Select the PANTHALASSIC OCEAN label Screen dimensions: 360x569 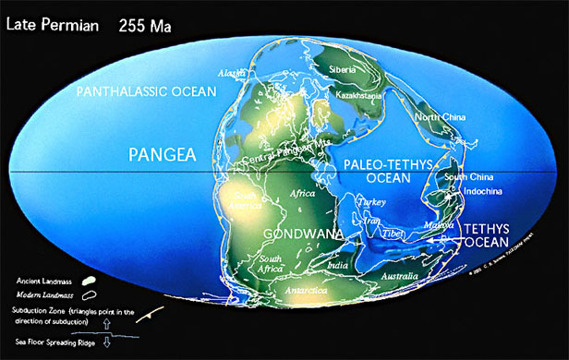pyautogui.click(x=146, y=92)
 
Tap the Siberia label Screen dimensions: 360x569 pyautogui.click(x=346, y=69)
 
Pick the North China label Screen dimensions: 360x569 pyautogui.click(x=413, y=117)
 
